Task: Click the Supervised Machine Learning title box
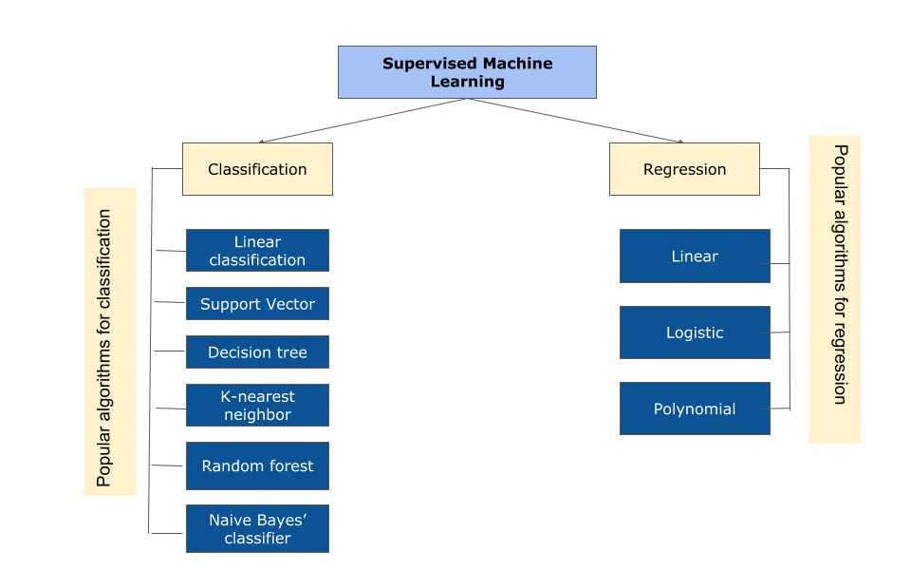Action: pos(467,72)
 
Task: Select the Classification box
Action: pos(257,169)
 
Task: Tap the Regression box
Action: pos(684,169)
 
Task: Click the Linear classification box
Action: pos(257,251)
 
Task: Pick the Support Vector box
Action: pos(257,304)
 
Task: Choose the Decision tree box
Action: pos(257,352)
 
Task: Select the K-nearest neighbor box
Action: pos(257,406)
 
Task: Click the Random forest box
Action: pos(257,466)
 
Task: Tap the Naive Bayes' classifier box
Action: pos(257,529)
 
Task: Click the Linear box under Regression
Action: pos(695,256)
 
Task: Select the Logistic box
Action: pos(695,332)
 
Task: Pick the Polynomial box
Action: pos(695,408)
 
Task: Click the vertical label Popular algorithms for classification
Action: pos(110,342)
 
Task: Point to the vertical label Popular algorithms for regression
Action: pos(834,289)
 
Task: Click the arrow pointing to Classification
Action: pos(361,121)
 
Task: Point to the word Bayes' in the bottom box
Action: pos(282,520)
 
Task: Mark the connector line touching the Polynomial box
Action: pos(779,408)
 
